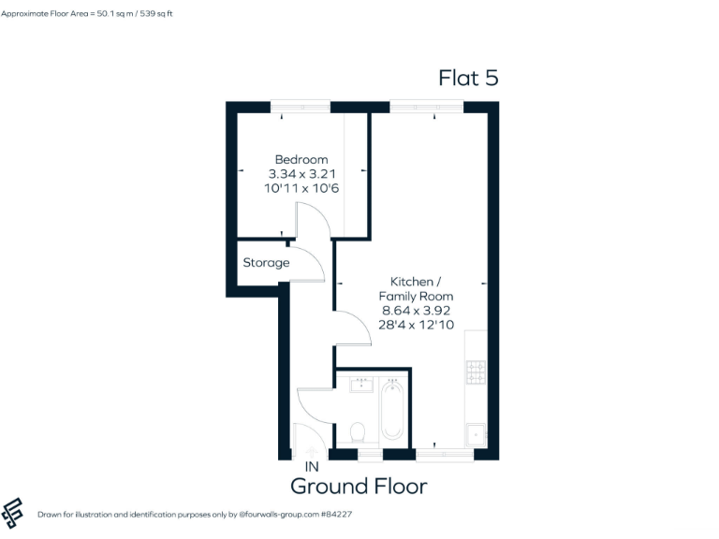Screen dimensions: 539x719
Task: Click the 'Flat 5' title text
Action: [468, 78]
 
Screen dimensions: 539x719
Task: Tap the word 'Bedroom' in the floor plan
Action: [301, 160]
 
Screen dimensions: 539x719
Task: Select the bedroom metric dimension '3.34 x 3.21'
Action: [301, 174]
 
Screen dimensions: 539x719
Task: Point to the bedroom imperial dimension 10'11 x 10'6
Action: [301, 188]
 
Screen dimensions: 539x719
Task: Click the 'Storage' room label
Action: [266, 263]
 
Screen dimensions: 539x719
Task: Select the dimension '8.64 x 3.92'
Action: [416, 310]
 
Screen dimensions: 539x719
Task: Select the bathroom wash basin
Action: [361, 384]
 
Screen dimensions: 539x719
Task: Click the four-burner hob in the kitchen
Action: [476, 372]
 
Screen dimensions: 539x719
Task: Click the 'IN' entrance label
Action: [312, 465]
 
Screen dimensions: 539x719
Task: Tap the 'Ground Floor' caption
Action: [359, 486]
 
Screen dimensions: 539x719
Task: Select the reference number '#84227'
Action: [334, 515]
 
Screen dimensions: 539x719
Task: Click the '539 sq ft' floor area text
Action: [153, 14]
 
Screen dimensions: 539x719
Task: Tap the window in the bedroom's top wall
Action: [300, 107]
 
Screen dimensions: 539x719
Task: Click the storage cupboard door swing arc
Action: [313, 265]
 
